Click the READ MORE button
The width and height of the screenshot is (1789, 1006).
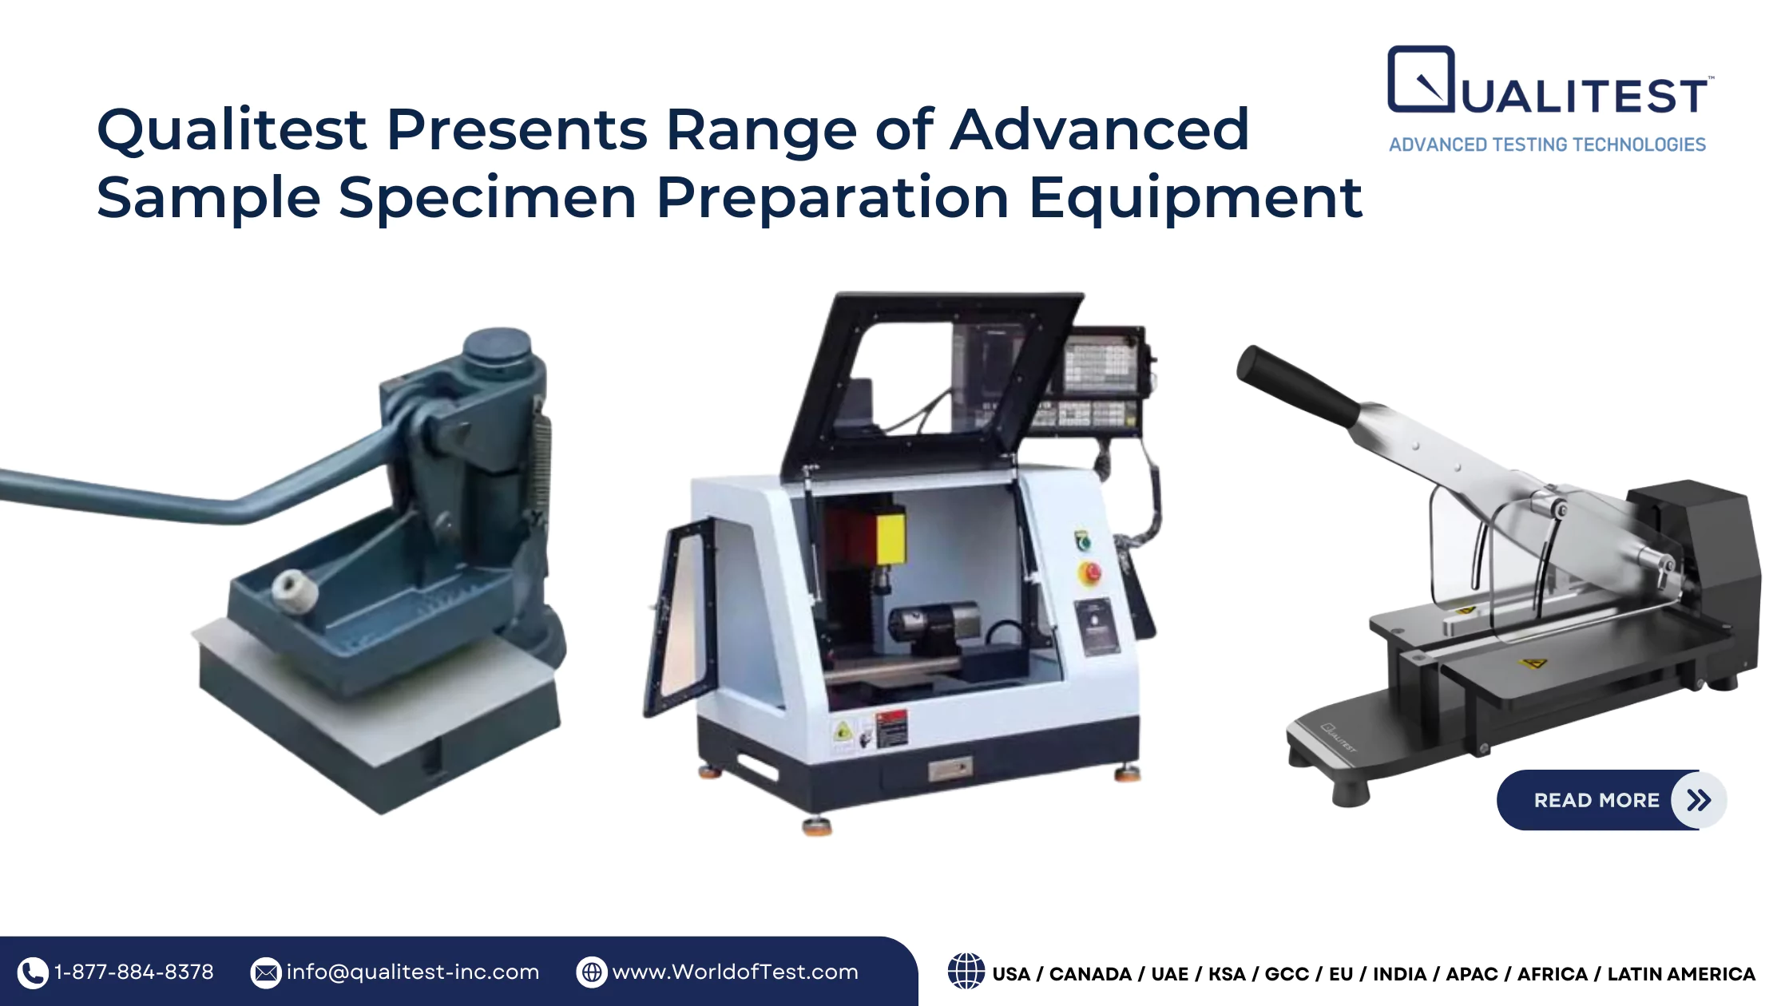click(x=1611, y=800)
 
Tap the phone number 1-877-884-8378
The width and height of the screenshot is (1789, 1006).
click(x=134, y=972)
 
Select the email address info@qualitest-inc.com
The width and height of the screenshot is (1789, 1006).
click(x=413, y=972)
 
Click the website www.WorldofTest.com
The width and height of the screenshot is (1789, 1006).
click(x=735, y=972)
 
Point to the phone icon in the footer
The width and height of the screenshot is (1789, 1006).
click(x=33, y=972)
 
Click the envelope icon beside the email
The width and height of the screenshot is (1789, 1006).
click(x=266, y=972)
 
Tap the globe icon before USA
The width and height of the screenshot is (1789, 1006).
click(x=966, y=972)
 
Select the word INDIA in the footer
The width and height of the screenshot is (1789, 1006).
click(x=1399, y=974)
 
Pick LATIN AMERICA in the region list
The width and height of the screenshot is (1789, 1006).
click(x=1681, y=974)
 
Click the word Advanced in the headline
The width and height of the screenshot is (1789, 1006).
click(x=1100, y=129)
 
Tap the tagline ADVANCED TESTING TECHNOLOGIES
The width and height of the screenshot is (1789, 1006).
click(x=1547, y=145)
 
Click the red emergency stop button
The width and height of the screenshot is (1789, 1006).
click(x=1089, y=572)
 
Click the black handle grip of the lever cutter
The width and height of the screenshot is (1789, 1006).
click(x=1298, y=386)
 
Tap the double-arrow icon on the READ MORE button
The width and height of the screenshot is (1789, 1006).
click(x=1699, y=800)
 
